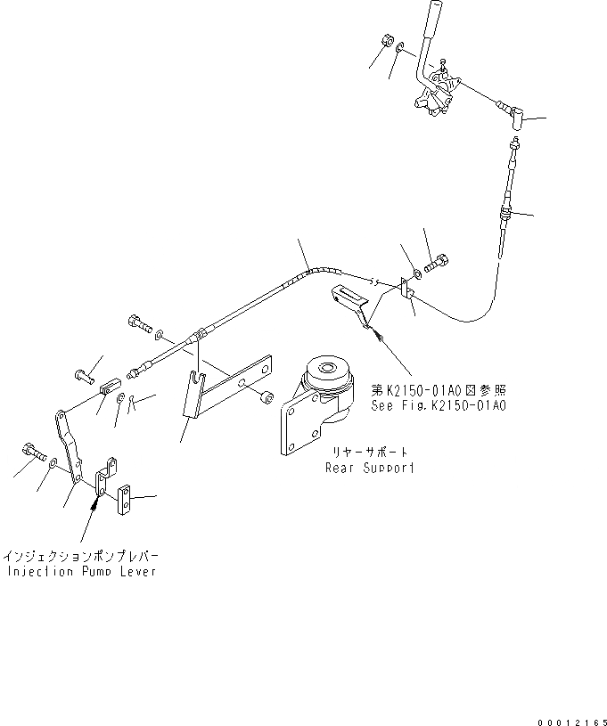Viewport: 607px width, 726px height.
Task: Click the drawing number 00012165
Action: click(570, 718)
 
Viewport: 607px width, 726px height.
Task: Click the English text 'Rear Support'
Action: click(369, 467)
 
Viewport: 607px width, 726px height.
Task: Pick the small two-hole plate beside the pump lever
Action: click(125, 500)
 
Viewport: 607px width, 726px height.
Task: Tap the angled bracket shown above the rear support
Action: click(353, 299)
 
